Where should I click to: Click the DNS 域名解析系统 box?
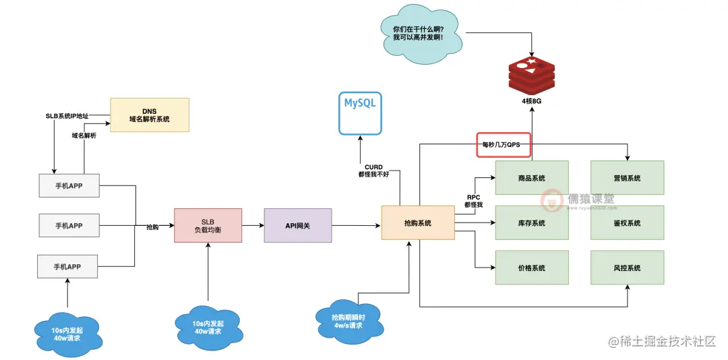pyautogui.click(x=150, y=115)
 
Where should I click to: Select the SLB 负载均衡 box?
pyautogui.click(x=207, y=225)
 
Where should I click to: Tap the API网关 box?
pyautogui.click(x=298, y=225)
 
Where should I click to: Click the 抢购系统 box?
pyautogui.click(x=418, y=223)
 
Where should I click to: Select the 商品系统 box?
pyautogui.click(x=532, y=179)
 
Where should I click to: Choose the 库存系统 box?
pyautogui.click(x=532, y=223)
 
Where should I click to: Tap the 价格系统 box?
pyautogui.click(x=532, y=268)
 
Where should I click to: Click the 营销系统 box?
pyautogui.click(x=627, y=179)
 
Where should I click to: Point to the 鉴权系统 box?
pyautogui.click(x=627, y=223)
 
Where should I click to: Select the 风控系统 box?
pyautogui.click(x=627, y=268)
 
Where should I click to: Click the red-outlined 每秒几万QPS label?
pyautogui.click(x=503, y=144)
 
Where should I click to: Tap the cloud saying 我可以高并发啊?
pyautogui.click(x=418, y=34)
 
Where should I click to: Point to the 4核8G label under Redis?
pyautogui.click(x=531, y=101)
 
